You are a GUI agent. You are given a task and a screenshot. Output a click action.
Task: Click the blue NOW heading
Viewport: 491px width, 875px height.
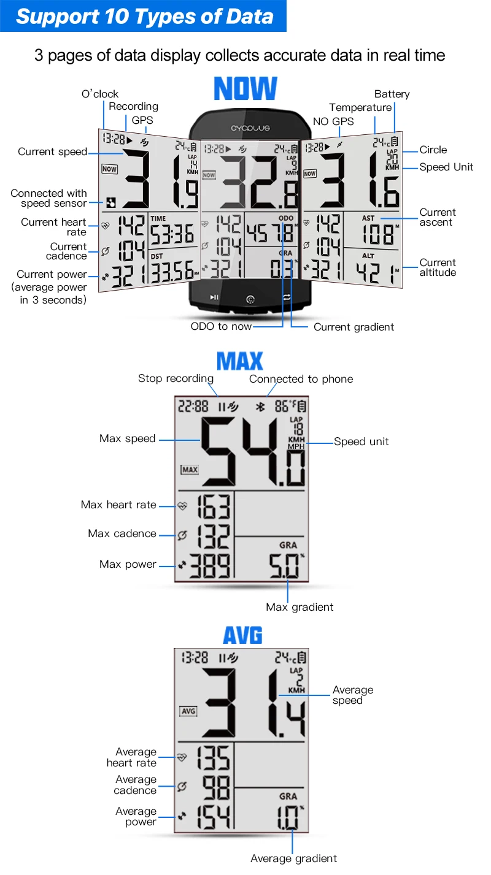point(245,89)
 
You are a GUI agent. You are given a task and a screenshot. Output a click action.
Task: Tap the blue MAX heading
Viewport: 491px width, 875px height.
point(240,362)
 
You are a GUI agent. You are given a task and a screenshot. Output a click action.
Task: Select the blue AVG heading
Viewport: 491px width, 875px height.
point(242,635)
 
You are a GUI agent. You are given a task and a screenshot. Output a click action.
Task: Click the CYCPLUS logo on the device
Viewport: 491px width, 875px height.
point(250,129)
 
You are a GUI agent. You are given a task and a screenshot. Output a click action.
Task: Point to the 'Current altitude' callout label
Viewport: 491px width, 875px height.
point(438,267)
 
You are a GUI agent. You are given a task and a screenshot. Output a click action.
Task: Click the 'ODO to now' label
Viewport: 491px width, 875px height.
point(221,326)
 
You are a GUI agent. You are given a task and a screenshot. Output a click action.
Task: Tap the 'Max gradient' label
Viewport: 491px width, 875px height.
point(300,607)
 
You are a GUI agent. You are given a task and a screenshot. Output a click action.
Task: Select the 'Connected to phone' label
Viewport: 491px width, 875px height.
point(301,379)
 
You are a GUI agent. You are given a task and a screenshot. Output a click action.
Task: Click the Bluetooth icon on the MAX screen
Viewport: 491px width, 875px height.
point(260,407)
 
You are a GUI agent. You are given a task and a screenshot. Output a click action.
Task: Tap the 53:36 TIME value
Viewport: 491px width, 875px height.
point(172,234)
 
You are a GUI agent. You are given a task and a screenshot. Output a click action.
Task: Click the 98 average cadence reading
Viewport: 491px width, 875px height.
point(215,787)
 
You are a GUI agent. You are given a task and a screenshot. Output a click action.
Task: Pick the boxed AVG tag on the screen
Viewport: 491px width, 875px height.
point(188,711)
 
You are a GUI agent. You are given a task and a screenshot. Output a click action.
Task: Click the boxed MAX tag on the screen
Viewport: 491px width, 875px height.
point(190,470)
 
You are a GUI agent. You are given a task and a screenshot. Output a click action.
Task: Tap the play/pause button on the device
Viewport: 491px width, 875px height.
point(214,297)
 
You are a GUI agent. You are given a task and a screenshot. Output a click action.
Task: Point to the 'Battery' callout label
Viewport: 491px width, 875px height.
point(392,94)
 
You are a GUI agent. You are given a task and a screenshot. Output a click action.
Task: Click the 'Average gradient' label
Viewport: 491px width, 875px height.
point(293,858)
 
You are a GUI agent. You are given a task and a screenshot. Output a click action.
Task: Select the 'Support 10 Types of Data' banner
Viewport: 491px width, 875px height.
point(144,16)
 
